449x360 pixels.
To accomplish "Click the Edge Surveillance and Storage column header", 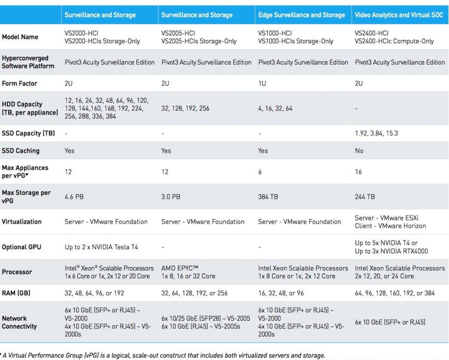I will pos(302,15).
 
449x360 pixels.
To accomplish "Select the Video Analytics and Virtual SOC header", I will pos(399,15).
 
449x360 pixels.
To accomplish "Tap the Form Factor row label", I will pos(20,83).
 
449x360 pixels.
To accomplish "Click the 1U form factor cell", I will pos(262,83).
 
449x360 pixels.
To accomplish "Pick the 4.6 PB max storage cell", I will pos(74,197).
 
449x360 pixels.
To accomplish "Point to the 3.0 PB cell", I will pos(171,197).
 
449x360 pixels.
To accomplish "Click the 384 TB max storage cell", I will pos(268,197).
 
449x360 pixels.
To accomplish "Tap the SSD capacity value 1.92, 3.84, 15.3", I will pos(376,133).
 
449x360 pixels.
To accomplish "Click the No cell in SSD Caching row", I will pos(359,150).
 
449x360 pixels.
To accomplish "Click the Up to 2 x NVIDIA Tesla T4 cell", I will pos(101,247).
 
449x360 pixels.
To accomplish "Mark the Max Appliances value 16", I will pos(358,172).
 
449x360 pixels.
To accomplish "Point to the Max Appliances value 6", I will pos(260,172).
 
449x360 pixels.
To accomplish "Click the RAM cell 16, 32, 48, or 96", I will pos(281,293).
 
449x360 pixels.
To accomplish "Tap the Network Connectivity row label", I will pos(19,322).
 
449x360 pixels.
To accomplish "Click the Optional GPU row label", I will pos(21,247).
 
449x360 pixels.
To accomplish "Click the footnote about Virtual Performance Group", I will pos(163,356).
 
